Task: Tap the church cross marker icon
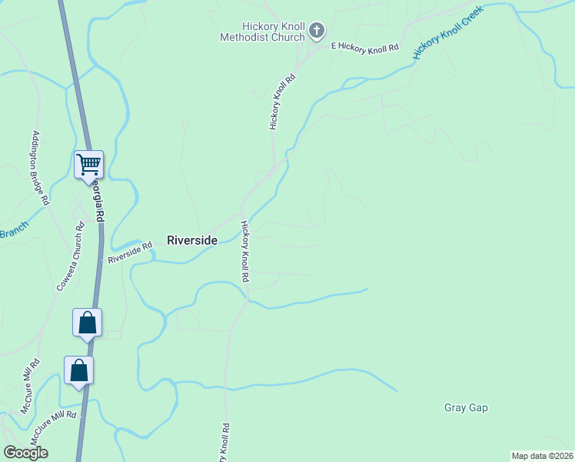point(316,32)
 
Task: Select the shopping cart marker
point(88,164)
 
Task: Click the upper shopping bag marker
point(87,323)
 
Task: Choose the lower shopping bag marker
point(78,371)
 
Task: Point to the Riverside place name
point(192,240)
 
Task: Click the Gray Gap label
point(466,407)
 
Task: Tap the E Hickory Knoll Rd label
point(364,48)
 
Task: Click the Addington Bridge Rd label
point(41,168)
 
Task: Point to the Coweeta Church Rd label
point(70,257)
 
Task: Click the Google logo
point(26,452)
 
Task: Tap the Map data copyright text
point(542,456)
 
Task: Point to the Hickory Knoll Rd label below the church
point(282,102)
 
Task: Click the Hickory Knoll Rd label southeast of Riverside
point(244,251)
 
